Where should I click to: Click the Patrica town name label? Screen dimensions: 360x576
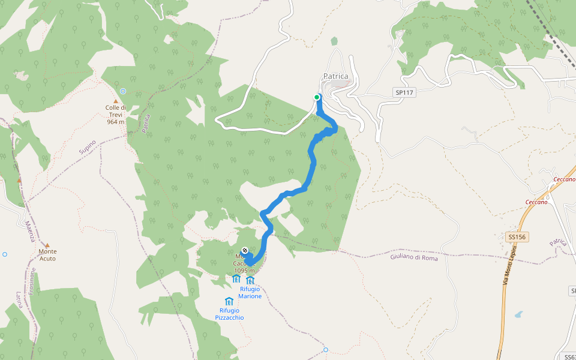[x=335, y=76]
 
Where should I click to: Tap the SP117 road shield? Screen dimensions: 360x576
[x=405, y=92]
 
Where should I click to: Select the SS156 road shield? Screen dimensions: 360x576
[x=516, y=237]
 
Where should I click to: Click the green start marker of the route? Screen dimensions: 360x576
[x=317, y=97]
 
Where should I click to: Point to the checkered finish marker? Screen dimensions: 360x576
[x=245, y=251]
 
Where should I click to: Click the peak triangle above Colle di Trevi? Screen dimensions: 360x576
[x=115, y=101]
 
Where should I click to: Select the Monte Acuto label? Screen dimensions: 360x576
[x=47, y=254]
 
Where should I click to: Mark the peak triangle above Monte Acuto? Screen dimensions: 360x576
[x=47, y=245]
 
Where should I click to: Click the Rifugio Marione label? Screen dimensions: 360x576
[x=250, y=293]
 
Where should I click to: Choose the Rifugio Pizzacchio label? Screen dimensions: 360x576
[x=229, y=314]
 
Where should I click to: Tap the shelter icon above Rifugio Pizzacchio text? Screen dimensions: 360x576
[x=229, y=301]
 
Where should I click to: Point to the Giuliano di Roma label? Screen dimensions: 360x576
[x=414, y=258]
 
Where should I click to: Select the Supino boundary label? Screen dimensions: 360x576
[x=88, y=148]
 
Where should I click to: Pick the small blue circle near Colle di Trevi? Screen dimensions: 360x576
[x=123, y=91]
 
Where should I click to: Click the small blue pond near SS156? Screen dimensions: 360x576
[x=518, y=314]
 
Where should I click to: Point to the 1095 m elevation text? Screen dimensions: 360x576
[x=244, y=271]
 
